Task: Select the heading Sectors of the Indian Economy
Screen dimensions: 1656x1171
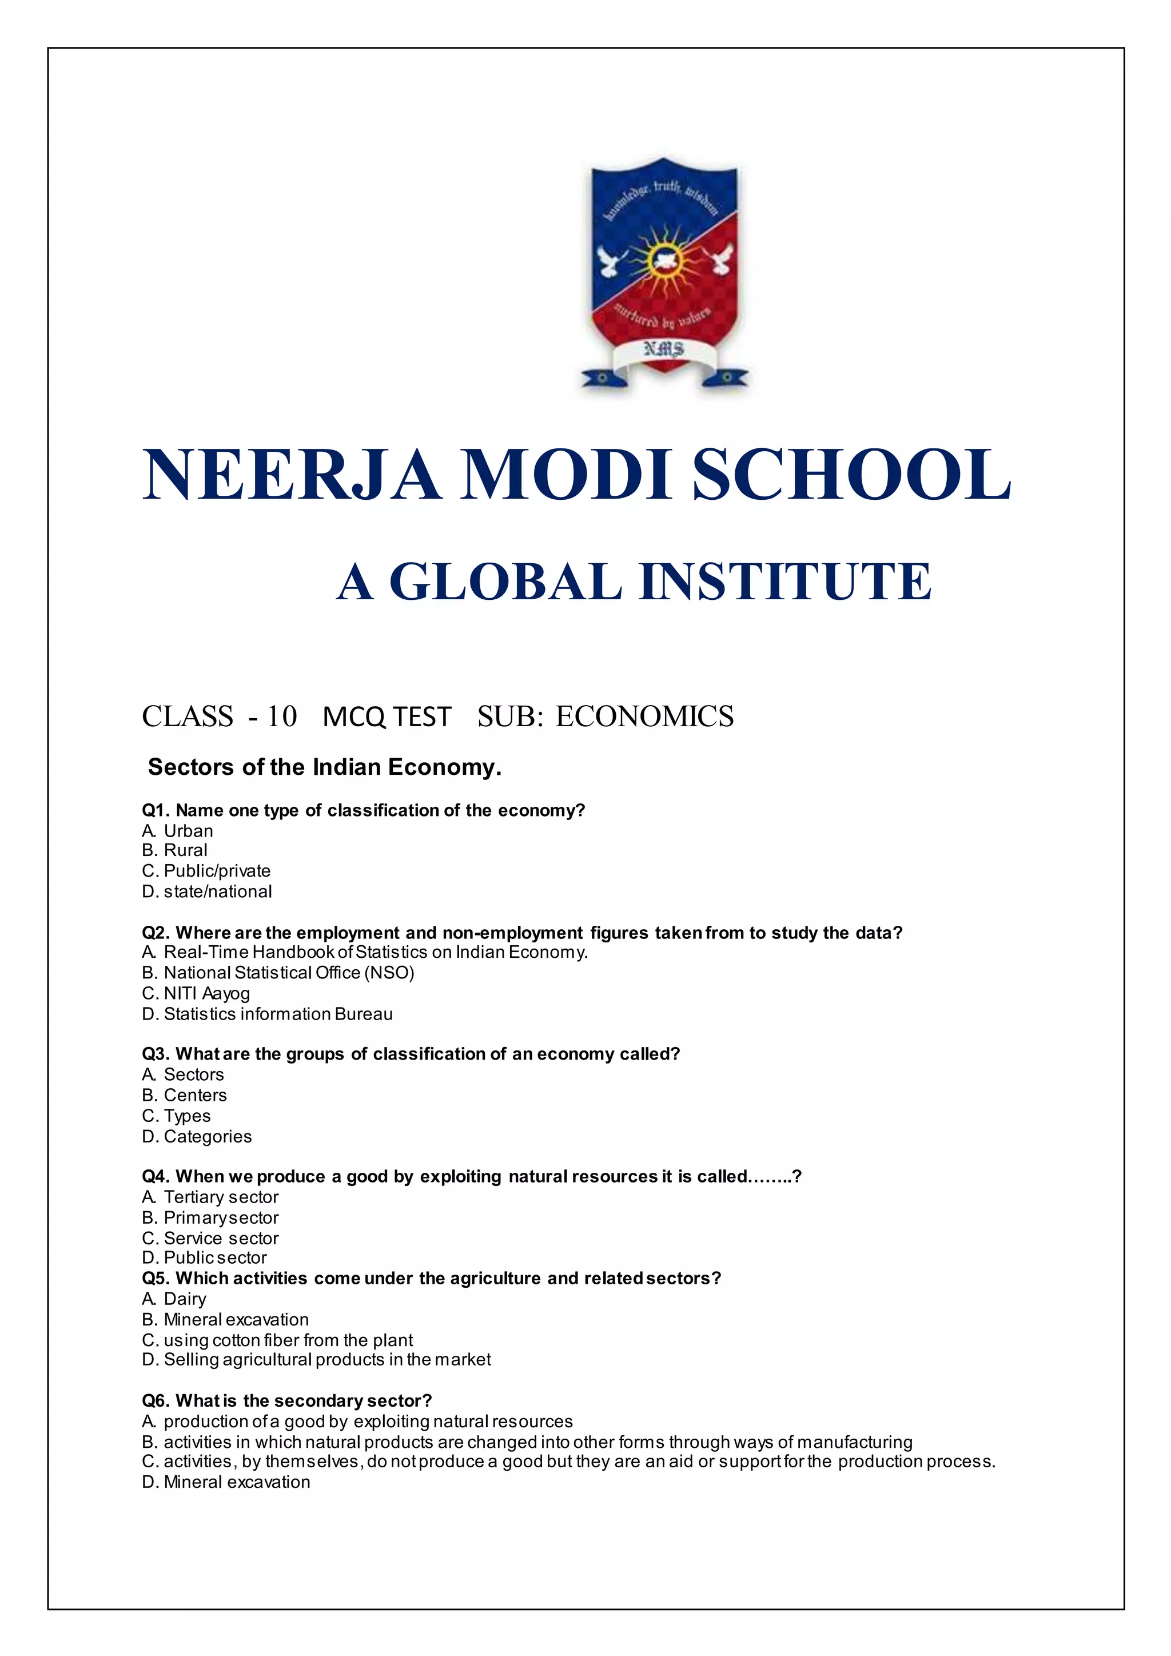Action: pos(324,767)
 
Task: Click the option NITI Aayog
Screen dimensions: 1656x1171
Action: pos(196,993)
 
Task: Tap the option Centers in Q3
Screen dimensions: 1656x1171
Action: pos(185,1095)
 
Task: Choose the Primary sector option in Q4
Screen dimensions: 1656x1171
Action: pos(210,1217)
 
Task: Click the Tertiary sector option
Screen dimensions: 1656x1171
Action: pos(210,1197)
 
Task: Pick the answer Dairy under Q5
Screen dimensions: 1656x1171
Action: pos(174,1299)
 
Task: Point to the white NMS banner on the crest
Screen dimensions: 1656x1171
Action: pos(663,351)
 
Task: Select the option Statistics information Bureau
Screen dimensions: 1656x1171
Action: pos(268,1014)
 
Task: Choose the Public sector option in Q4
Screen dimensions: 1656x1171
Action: pos(205,1258)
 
